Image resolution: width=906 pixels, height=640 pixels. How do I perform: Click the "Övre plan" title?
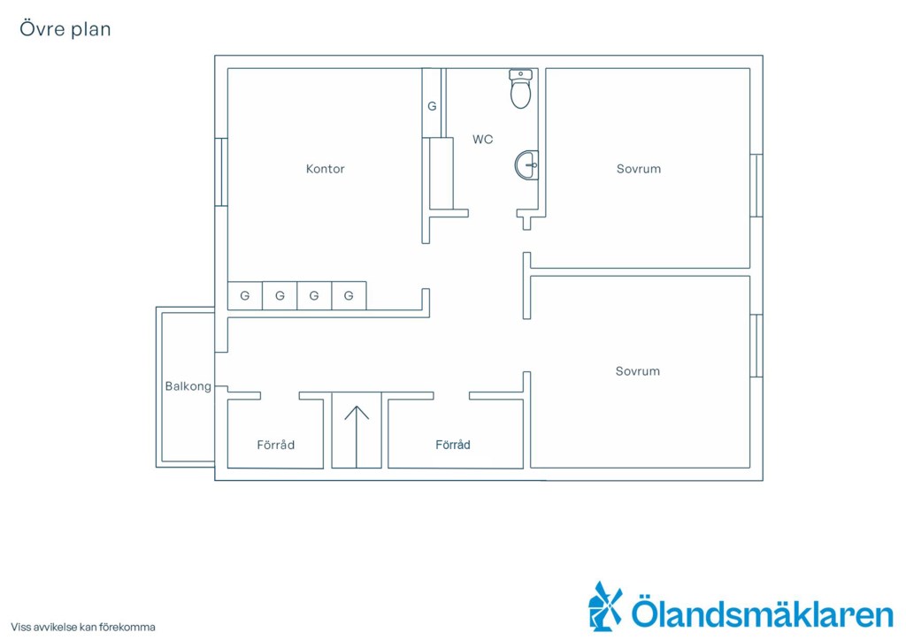(65, 29)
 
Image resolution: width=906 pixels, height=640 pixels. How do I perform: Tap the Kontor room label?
(326, 169)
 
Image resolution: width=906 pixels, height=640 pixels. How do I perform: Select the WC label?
(482, 139)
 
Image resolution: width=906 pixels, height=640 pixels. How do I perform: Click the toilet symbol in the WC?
(520, 89)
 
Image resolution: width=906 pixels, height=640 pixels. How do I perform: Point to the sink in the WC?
(526, 165)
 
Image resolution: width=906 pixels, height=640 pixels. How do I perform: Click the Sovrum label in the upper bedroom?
(639, 169)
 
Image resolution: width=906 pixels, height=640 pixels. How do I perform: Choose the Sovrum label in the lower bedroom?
(637, 371)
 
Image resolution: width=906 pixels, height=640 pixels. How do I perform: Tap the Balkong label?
(188, 386)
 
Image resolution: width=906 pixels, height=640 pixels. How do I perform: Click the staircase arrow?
(357, 437)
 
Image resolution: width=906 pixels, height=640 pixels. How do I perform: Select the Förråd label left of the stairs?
(276, 445)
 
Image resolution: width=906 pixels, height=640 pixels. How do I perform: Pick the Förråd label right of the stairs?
(452, 445)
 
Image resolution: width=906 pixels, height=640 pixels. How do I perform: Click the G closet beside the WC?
(432, 106)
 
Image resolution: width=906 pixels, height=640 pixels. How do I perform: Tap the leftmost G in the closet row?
(245, 295)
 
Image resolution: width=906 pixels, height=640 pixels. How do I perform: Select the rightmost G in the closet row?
(349, 295)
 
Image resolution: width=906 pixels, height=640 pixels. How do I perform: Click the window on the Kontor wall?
(220, 172)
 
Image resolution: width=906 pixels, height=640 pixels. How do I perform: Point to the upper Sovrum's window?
(756, 186)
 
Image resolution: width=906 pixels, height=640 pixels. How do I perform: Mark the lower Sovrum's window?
(756, 346)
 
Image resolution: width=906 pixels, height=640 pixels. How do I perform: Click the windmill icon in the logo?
(604, 606)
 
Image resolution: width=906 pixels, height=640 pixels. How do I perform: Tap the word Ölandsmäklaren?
(762, 613)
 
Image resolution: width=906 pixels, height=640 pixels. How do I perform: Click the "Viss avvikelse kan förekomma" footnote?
(82, 627)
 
